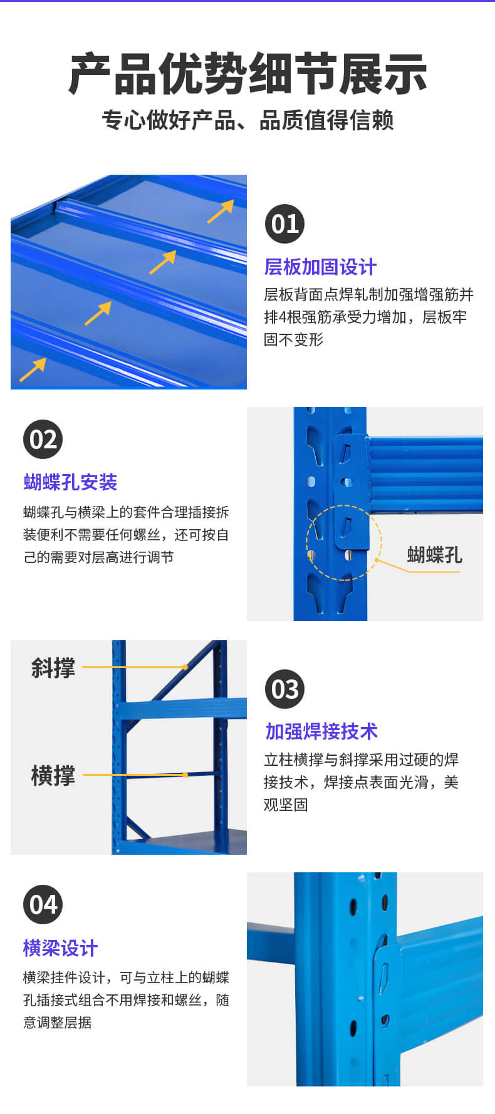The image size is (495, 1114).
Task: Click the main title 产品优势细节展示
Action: point(247,74)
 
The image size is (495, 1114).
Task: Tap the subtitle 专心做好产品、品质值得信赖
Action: point(247,120)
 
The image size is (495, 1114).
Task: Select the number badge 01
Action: point(284,224)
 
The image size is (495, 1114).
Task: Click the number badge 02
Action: point(43,439)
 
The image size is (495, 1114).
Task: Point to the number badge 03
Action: point(284,689)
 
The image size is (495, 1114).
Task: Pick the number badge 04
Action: point(43,904)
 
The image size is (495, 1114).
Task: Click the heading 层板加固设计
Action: point(320,267)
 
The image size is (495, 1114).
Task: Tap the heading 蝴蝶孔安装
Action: point(70,482)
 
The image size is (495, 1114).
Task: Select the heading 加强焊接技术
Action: point(321,731)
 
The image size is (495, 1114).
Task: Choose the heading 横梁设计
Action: point(60,948)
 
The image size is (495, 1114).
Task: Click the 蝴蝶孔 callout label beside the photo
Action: point(434,555)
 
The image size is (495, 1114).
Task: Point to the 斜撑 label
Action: point(53,668)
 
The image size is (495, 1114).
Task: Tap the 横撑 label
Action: point(53,776)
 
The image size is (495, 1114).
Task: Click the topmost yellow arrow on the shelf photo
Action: point(221,211)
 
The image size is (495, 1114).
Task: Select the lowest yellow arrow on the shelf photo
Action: point(33,369)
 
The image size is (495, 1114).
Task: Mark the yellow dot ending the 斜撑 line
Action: point(185,667)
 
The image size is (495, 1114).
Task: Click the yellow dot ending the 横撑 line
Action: point(185,775)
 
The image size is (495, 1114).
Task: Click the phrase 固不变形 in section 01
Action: point(293,339)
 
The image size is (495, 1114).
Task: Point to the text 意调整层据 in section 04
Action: point(58,1022)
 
